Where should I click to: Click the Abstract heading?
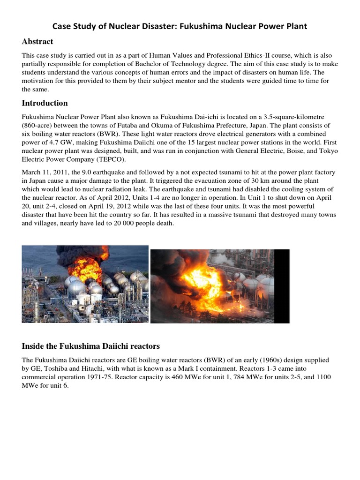click(37, 42)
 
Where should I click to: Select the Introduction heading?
click(45, 103)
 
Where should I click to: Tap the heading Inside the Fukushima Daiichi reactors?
click(91, 346)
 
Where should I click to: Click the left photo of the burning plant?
click(85, 284)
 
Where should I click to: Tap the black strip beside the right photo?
click(282, 286)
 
